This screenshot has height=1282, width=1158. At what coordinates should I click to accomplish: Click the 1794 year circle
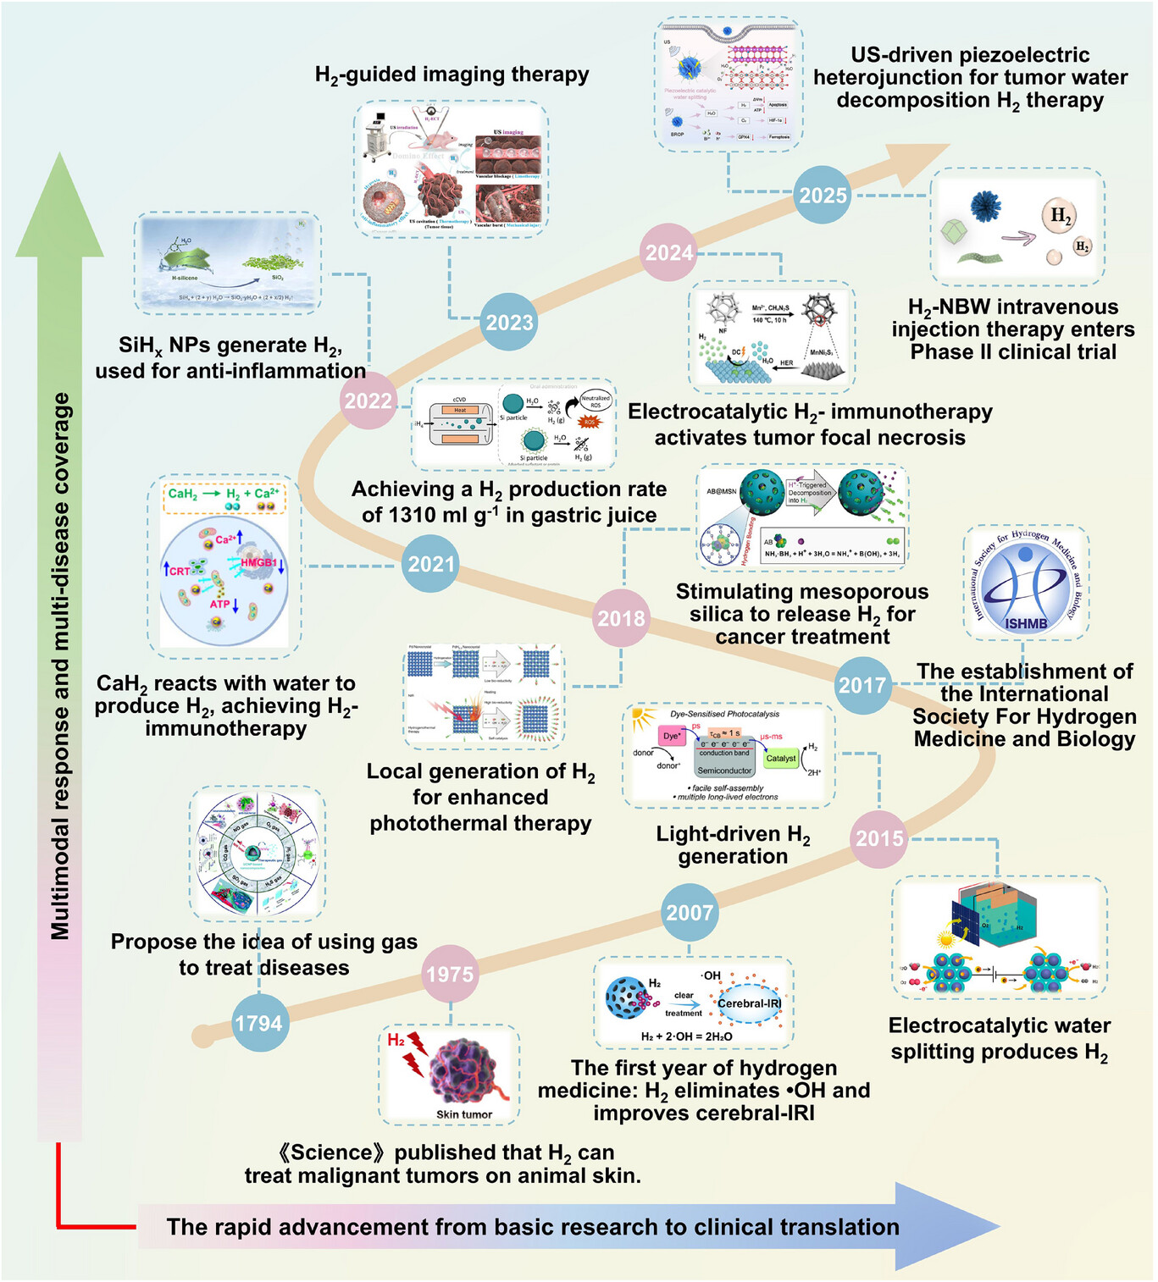258,1024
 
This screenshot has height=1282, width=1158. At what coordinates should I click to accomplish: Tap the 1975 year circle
450,975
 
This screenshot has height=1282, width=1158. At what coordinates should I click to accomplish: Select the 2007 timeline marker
690,913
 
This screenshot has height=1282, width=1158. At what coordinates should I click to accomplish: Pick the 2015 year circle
879,838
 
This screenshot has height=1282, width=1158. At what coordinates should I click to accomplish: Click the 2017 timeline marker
862,684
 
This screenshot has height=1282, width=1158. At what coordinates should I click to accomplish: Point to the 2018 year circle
621,618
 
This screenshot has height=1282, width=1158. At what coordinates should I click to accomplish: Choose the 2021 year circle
431,564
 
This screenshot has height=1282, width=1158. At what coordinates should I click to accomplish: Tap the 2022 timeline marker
368,401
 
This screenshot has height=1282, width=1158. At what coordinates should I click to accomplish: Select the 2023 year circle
509,323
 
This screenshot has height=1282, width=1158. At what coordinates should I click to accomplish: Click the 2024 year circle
669,252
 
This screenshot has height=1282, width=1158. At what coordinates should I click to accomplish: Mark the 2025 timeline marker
823,196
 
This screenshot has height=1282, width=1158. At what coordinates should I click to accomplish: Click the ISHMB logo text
1026,624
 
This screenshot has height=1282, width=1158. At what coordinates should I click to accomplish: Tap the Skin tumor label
464,1114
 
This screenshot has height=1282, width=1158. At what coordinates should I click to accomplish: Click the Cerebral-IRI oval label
749,1003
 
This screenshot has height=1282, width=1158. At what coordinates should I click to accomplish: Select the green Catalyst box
780,759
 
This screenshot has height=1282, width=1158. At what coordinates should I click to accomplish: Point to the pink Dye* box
672,736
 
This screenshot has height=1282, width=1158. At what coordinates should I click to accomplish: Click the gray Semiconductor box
724,771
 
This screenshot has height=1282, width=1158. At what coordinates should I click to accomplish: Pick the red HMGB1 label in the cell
258,562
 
